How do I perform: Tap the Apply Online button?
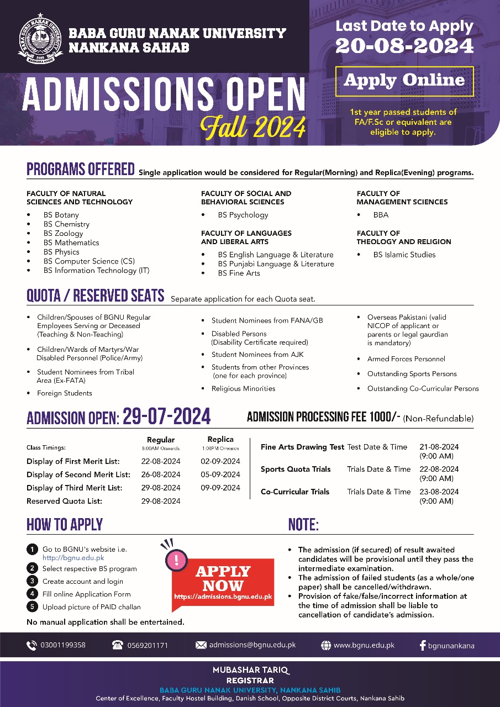click(x=404, y=81)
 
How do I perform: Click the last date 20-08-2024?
click(x=404, y=46)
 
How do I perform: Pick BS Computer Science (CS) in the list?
click(x=89, y=261)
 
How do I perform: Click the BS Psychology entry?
click(x=243, y=215)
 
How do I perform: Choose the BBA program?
click(x=381, y=215)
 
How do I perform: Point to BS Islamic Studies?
click(x=404, y=255)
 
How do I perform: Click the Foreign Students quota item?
click(x=65, y=393)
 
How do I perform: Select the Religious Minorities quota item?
click(x=243, y=389)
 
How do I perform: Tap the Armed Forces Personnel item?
click(x=406, y=359)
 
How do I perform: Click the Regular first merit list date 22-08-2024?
click(x=161, y=461)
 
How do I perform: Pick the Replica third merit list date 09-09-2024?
click(x=220, y=488)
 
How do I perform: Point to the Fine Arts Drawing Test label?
click(x=302, y=447)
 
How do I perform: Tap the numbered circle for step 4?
click(x=32, y=594)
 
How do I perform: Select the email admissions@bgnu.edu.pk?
click(x=252, y=645)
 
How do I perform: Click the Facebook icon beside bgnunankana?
click(x=423, y=645)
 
